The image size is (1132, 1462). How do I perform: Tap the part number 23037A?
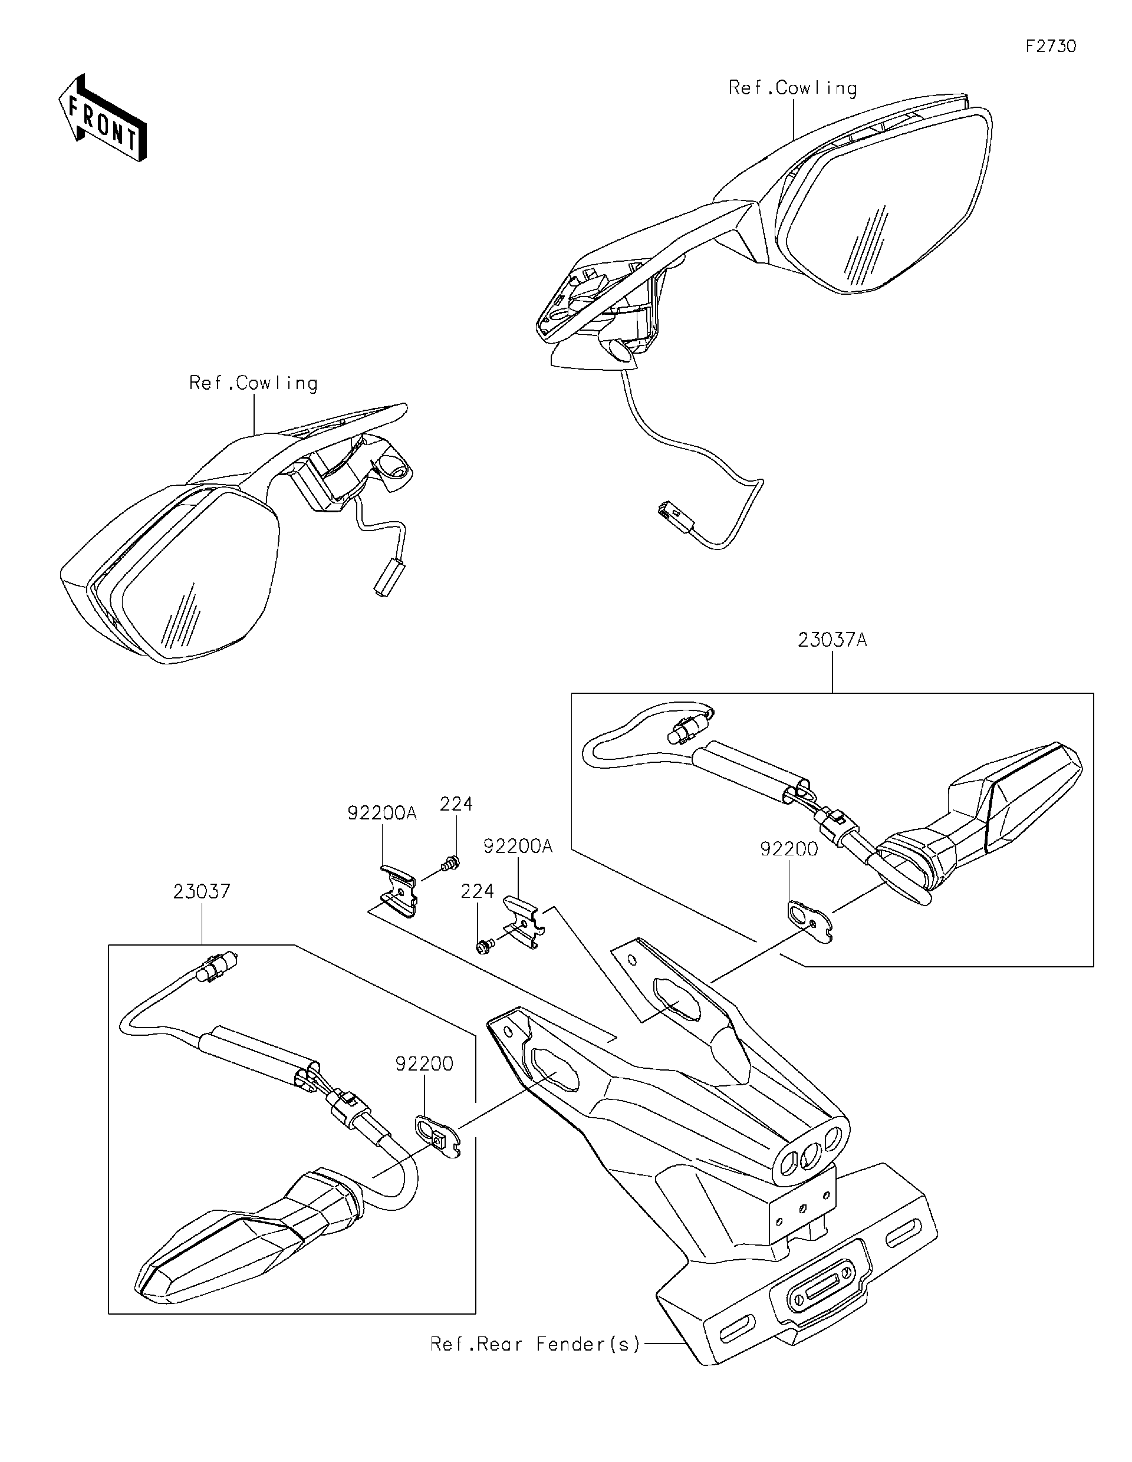coord(832,641)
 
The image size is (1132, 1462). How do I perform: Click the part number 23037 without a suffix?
coord(202,892)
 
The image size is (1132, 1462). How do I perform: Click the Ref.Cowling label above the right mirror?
coord(792,88)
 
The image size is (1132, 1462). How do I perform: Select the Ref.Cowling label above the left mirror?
coord(253,384)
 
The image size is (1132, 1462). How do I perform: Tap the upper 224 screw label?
coord(456,804)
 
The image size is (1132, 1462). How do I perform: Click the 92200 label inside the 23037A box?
coord(789,849)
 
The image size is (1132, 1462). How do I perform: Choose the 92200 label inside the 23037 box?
coord(424,1063)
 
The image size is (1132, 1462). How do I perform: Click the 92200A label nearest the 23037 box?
coord(381,814)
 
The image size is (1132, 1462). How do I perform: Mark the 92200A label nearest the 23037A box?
coord(518,847)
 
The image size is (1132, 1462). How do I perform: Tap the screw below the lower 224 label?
coord(483,947)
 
